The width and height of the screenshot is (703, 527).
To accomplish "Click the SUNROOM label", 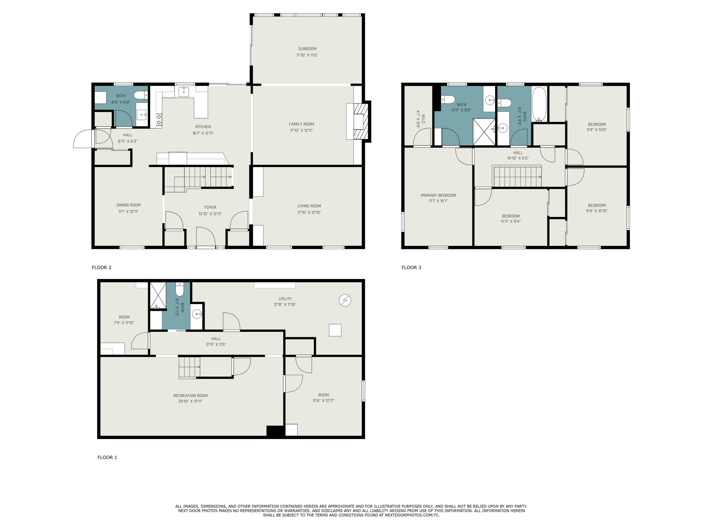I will coord(307,49).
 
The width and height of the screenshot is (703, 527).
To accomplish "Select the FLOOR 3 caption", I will coord(411,267).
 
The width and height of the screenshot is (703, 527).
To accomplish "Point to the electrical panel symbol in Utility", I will coord(345,300).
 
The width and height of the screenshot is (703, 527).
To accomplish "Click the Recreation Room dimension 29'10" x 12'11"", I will coord(190,401).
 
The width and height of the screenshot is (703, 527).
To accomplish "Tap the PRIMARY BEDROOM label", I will coord(438,195).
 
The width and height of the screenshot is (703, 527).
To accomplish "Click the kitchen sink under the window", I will coord(184,92).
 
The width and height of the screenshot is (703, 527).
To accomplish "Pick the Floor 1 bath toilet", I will coord(179,290).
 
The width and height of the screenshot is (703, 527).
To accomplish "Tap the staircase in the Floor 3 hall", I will coord(517,177).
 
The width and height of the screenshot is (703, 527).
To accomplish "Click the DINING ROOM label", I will coord(128,205).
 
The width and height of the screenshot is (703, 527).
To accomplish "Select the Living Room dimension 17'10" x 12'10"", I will coord(309,212).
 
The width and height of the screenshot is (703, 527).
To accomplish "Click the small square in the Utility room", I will coord(335,330).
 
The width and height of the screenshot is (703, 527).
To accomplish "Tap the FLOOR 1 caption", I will coord(107,457).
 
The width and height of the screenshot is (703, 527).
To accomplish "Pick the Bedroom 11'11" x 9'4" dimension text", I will coord(510,221).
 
